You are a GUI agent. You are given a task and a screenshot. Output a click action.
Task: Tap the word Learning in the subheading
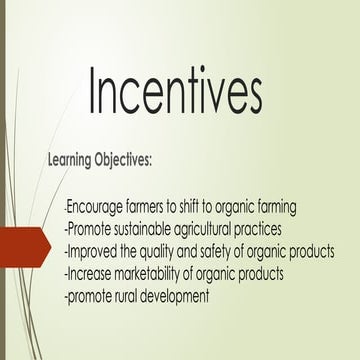[x=76, y=159]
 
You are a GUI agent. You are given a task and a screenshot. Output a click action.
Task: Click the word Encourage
[x=95, y=207]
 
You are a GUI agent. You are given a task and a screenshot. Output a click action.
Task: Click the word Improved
[x=93, y=250]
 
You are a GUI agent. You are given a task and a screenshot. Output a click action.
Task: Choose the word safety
[x=222, y=250]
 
